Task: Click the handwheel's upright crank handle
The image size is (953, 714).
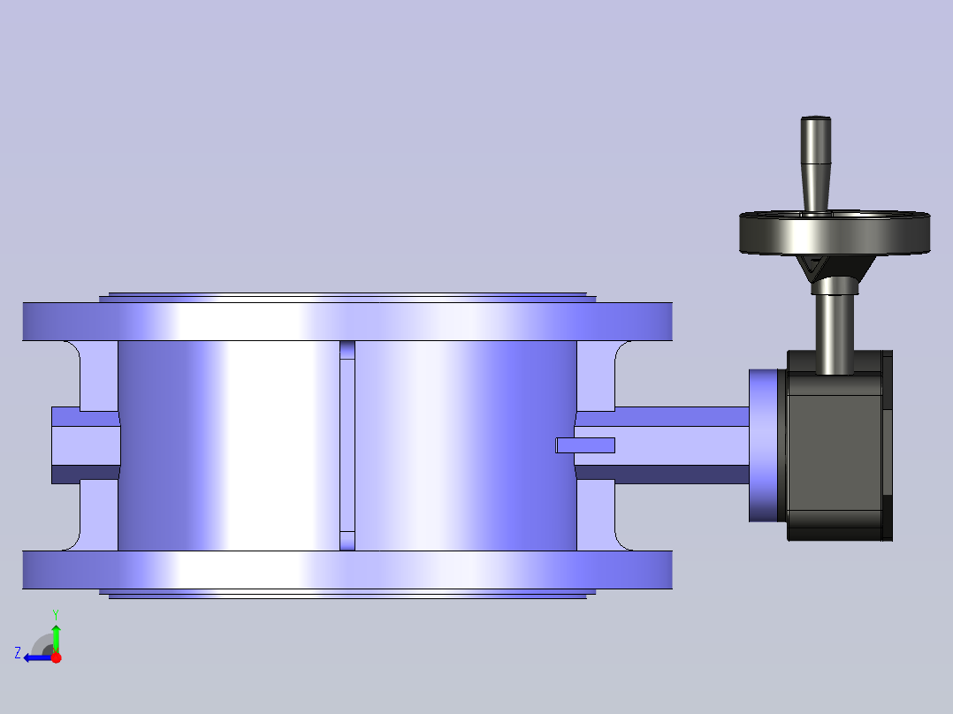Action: (816, 164)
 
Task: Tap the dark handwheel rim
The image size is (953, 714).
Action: (835, 234)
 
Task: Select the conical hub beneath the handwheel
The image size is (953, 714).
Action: (835, 268)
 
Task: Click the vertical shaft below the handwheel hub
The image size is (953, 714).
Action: (834, 331)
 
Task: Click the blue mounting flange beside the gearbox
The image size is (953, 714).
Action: (764, 445)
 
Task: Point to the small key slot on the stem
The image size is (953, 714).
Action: (585, 445)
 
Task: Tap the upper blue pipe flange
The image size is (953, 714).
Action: (347, 322)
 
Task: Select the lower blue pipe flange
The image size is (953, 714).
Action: (347, 570)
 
